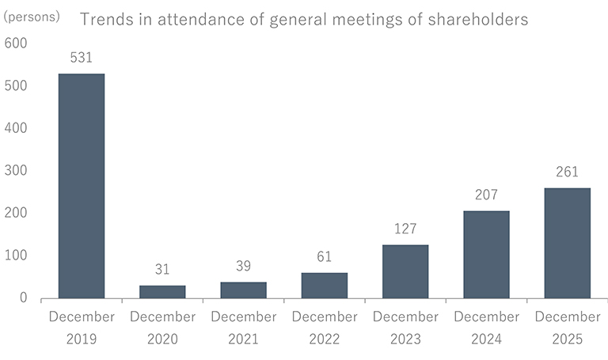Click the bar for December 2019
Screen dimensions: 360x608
point(82,186)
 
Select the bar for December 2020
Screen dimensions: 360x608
point(162,292)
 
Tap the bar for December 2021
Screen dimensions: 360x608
point(243,290)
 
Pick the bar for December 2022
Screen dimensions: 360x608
point(324,286)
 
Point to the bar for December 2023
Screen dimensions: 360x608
point(405,271)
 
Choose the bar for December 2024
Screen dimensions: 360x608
point(486,255)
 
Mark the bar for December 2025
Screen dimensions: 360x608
point(567,243)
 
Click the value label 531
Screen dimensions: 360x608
point(82,57)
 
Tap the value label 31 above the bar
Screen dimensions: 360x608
point(162,269)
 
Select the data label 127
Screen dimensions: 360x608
point(405,229)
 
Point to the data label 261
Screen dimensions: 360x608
point(567,172)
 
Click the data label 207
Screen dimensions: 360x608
point(486,195)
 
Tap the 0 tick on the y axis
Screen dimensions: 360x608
point(24,298)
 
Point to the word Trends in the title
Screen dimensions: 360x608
point(104,20)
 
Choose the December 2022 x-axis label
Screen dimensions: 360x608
point(324,328)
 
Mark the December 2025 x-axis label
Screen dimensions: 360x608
point(567,328)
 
